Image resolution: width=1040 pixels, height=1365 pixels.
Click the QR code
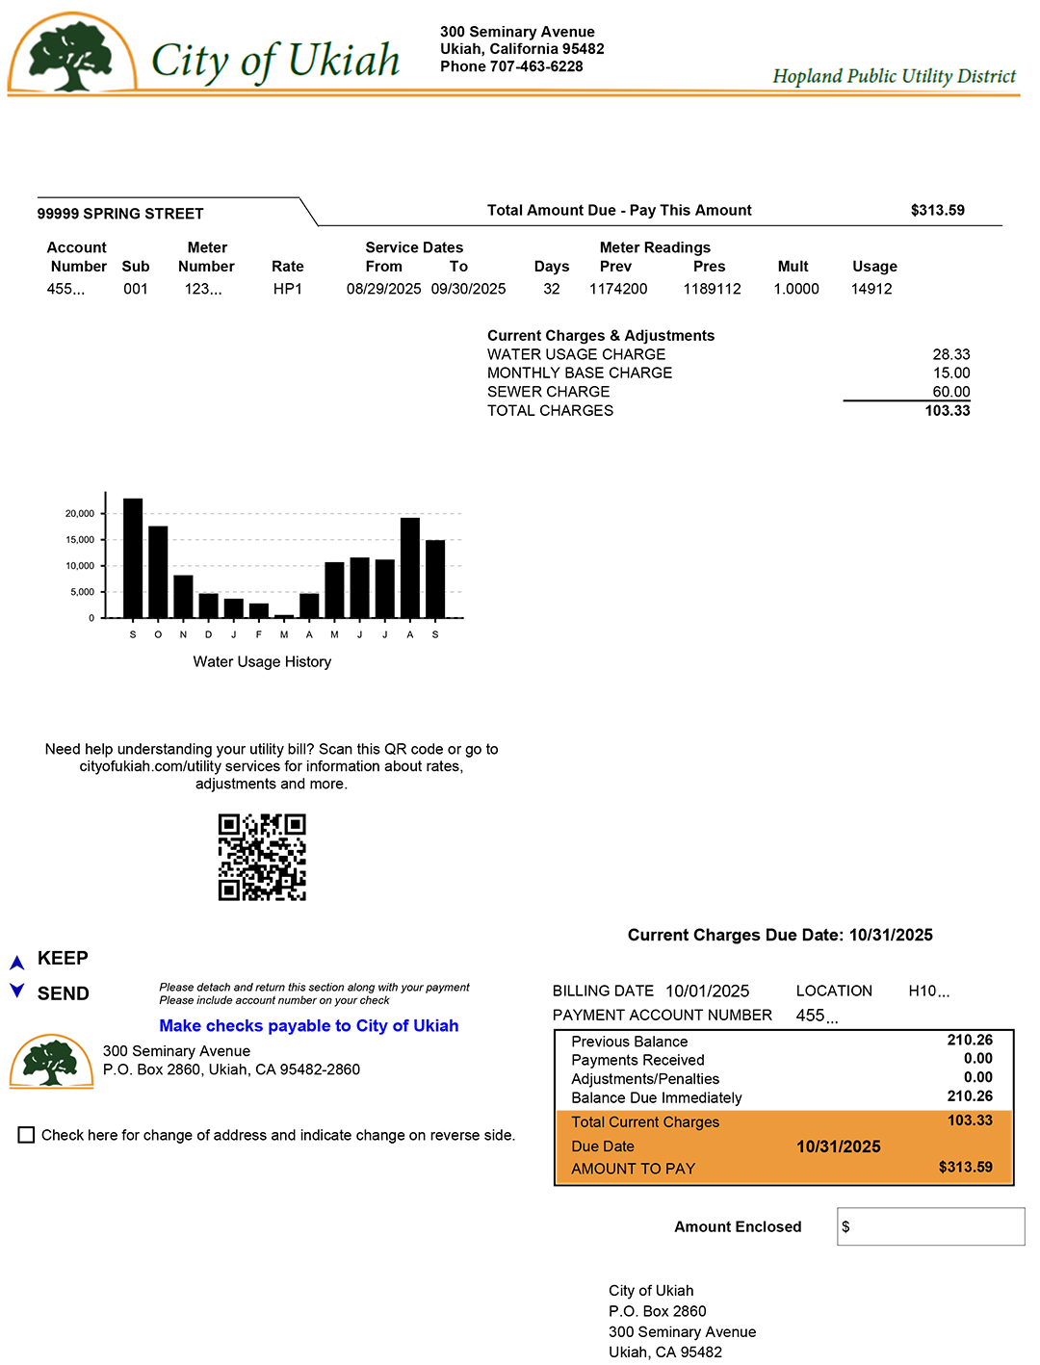click(262, 857)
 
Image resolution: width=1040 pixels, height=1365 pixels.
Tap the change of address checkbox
click(27, 1135)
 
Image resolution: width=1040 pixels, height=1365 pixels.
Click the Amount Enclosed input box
click(930, 1226)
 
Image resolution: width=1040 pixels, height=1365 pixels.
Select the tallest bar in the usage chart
click(133, 557)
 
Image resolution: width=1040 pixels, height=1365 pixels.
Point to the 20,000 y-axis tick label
click(80, 514)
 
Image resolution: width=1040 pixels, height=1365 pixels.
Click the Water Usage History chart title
click(262, 662)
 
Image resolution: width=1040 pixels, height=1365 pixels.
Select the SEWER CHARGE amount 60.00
click(950, 392)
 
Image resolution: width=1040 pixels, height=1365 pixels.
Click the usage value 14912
click(871, 289)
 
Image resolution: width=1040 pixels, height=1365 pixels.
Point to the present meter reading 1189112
click(712, 289)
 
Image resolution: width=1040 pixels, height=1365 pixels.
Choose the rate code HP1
click(287, 289)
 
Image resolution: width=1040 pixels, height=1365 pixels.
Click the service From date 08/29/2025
click(383, 289)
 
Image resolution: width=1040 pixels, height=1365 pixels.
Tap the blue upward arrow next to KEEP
click(16, 962)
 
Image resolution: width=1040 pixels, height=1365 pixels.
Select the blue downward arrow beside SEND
click(16, 991)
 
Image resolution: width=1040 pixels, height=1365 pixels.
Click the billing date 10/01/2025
click(707, 992)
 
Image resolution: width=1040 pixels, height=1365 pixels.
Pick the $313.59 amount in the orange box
click(965, 1168)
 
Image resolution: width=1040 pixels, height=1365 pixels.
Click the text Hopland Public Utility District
click(894, 76)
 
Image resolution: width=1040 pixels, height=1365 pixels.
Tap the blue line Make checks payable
click(308, 1026)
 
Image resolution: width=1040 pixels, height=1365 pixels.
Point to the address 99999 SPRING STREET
click(120, 214)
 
